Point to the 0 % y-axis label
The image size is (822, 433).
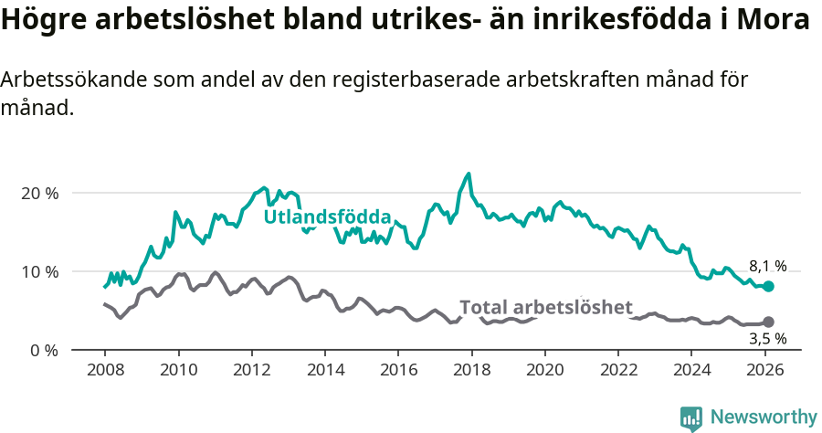pyautogui.click(x=44, y=350)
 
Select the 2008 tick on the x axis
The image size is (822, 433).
pyautogui.click(x=104, y=371)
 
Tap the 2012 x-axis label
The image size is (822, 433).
pyautogui.click(x=251, y=371)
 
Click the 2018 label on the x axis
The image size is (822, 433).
pyautogui.click(x=471, y=371)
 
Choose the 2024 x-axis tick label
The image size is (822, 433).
pyautogui.click(x=691, y=371)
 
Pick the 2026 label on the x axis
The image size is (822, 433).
pyautogui.click(x=764, y=371)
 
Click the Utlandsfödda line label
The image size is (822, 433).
pyautogui.click(x=327, y=217)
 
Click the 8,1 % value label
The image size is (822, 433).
pyautogui.click(x=767, y=266)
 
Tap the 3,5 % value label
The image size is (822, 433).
pyautogui.click(x=767, y=338)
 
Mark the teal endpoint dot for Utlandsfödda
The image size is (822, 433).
pyautogui.click(x=768, y=286)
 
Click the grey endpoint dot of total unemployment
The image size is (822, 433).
pyautogui.click(x=768, y=322)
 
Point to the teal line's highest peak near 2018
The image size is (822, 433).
pyautogui.click(x=469, y=174)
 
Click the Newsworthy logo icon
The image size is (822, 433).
pyautogui.click(x=691, y=417)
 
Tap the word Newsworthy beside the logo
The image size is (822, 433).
pyautogui.click(x=764, y=417)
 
